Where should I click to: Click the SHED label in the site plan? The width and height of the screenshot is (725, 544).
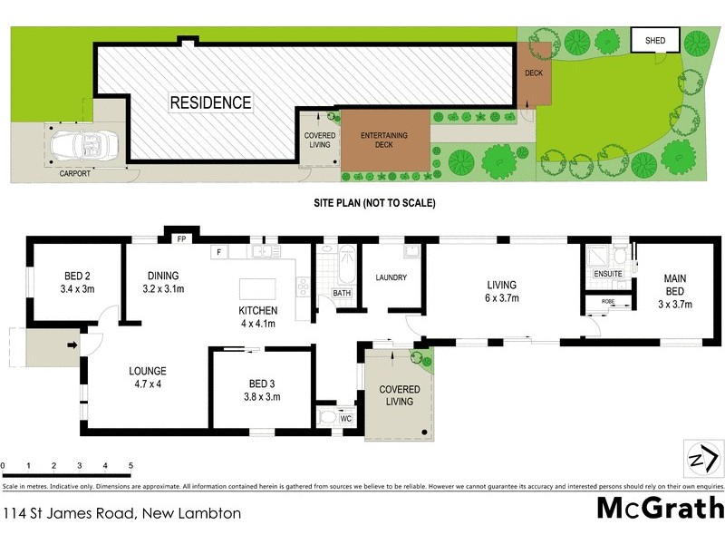tap(654, 41)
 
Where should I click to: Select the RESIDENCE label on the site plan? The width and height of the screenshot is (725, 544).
tap(210, 102)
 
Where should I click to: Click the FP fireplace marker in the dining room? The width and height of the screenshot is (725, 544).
tap(180, 240)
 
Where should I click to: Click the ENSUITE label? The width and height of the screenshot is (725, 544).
tap(606, 273)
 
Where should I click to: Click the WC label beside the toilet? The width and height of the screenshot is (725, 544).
tap(345, 418)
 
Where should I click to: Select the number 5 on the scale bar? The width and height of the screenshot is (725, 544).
tap(131, 465)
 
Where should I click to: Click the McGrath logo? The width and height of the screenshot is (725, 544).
tap(660, 508)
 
